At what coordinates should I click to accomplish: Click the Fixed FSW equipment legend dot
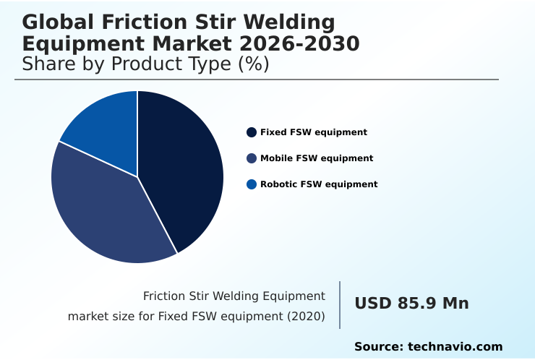pyautogui.click(x=252, y=132)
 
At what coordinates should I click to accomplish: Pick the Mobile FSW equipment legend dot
pyautogui.click(x=252, y=158)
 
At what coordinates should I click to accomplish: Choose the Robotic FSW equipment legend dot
pyautogui.click(x=252, y=184)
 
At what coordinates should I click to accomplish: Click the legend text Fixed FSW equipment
pyautogui.click(x=314, y=132)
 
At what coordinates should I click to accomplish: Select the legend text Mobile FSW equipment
pyautogui.click(x=317, y=158)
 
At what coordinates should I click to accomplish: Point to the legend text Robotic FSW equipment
pyautogui.click(x=319, y=184)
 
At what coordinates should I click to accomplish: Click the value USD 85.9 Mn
pyautogui.click(x=411, y=304)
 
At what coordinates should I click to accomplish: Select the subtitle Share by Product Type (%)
pyautogui.click(x=145, y=64)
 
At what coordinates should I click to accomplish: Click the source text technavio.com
pyautogui.click(x=455, y=347)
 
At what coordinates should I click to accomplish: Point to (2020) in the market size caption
pyautogui.click(x=307, y=317)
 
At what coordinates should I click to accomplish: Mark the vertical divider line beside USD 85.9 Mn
pyautogui.click(x=340, y=305)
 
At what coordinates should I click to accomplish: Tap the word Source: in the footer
pyautogui.click(x=378, y=347)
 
